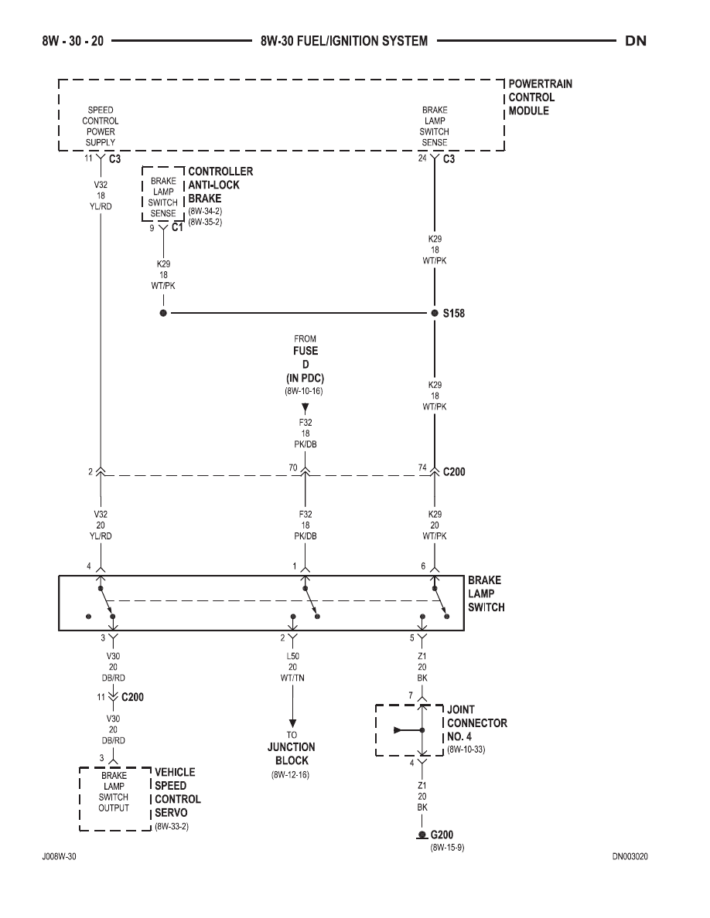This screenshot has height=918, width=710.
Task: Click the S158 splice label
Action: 453,313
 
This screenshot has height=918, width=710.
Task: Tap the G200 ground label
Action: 442,835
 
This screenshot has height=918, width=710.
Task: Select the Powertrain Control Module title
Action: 540,97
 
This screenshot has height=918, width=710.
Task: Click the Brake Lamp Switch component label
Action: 486,593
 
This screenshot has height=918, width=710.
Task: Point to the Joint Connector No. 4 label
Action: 477,723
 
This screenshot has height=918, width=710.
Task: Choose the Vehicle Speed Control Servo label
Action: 178,792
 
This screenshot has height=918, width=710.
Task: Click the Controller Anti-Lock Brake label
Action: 220,185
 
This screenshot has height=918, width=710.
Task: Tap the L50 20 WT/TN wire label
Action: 292,667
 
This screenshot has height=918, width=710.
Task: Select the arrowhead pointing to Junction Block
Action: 292,723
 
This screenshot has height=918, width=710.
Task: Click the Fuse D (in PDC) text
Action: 306,364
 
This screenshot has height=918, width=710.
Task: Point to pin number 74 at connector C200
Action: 422,467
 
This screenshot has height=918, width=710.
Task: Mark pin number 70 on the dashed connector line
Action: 293,467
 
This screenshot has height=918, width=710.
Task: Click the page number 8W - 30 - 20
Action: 73,41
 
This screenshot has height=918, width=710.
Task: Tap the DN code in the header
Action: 636,41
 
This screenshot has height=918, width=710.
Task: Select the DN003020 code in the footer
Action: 630,856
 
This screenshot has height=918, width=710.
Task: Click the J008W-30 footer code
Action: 59,856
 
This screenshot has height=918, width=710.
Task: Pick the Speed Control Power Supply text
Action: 101,126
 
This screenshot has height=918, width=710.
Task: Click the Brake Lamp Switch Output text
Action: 114,791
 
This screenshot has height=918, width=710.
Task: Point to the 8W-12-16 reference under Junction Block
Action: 290,774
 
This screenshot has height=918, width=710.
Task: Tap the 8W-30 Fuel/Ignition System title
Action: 344,41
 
